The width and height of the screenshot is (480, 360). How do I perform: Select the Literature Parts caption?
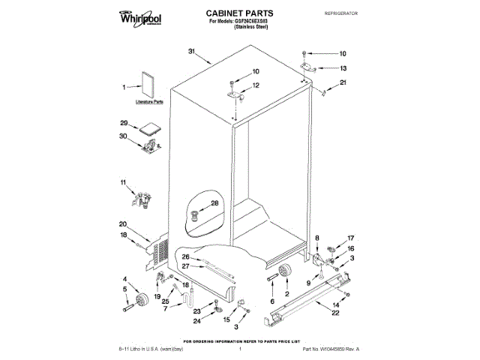coord(148,100)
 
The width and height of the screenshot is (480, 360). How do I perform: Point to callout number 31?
coord(191,51)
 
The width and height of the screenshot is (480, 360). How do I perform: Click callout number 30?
coord(124,136)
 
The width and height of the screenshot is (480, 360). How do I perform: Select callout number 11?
coord(124,182)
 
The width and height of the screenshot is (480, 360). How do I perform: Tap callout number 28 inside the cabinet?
coord(214,203)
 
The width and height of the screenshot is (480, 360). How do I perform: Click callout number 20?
coord(123,224)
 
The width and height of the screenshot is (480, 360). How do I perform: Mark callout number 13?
coord(343,67)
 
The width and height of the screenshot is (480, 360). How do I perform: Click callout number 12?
coord(255,85)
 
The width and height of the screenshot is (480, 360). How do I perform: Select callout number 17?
coord(349,238)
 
